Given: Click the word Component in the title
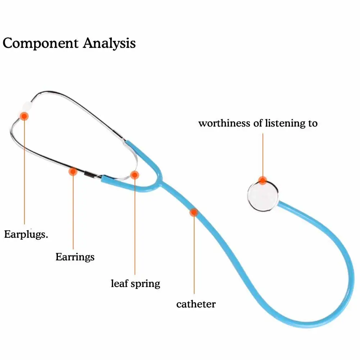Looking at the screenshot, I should [x=40, y=44].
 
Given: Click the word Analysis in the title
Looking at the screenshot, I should [x=109, y=44].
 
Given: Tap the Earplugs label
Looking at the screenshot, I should [x=26, y=235].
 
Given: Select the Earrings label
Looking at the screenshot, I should [x=75, y=257].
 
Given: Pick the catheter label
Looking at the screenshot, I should [x=196, y=304].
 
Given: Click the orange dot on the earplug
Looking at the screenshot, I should [x=24, y=116].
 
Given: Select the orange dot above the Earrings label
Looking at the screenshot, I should [x=73, y=172].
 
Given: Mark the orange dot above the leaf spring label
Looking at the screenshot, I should [x=135, y=175].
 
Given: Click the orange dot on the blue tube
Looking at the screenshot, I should [x=194, y=213].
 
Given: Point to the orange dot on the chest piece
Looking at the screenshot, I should [x=263, y=181].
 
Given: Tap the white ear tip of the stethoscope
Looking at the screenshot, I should [x=27, y=106].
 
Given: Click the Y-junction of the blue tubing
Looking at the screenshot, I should [x=160, y=182].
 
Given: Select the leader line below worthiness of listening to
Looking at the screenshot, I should [x=263, y=155].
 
